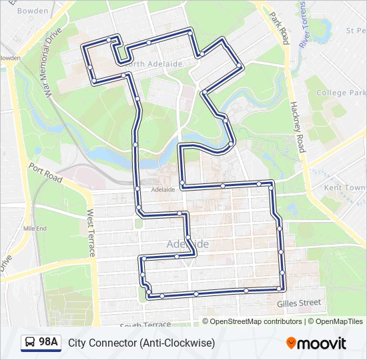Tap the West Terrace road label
pos(90,233)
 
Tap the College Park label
pos(341,93)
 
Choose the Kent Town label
pos(344,188)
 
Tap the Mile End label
pos(35,228)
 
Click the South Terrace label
pos(145,325)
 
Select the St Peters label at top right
pos(355,31)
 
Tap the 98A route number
pos(49,343)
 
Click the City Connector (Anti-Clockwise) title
pos(141,343)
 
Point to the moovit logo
pos(316,343)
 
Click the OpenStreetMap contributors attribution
pos(256,321)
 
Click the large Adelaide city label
pos(188,245)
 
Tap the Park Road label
pos(278,27)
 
